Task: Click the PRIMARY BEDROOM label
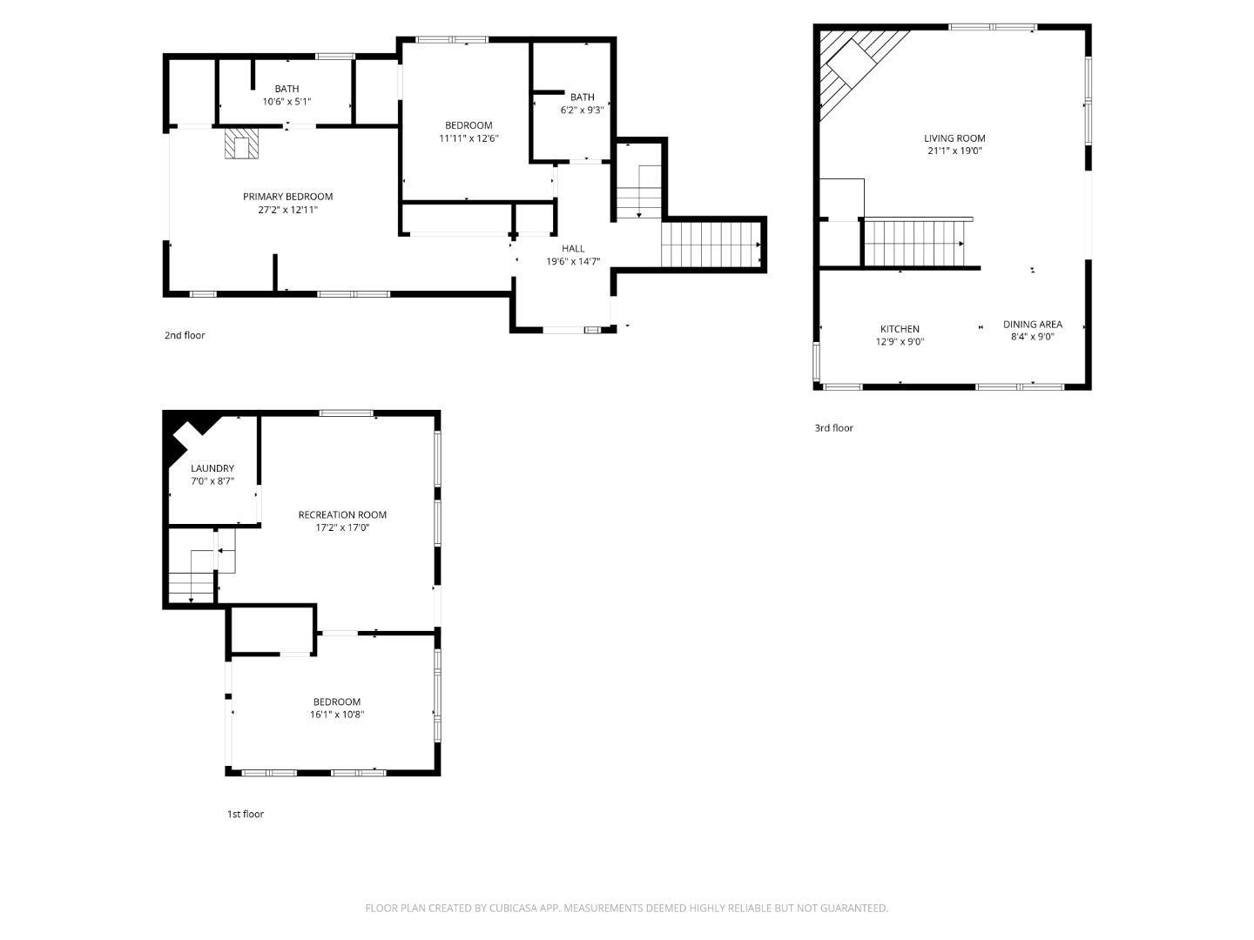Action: tap(287, 197)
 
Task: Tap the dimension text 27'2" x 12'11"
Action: tap(287, 210)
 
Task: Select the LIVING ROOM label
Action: tap(954, 138)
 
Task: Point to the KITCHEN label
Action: tap(900, 329)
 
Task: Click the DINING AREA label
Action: tap(1032, 325)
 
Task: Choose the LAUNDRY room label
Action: tap(212, 468)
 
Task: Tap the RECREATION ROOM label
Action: tap(342, 514)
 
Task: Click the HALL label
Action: tap(573, 249)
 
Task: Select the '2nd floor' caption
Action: tap(185, 335)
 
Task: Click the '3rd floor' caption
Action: tap(833, 428)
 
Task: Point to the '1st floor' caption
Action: tap(245, 815)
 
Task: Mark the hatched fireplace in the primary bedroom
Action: tap(241, 144)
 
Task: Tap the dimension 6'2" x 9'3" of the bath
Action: tap(582, 110)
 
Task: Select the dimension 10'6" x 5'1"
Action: tap(287, 101)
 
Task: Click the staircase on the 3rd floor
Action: tap(914, 243)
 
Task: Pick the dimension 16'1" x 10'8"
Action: tap(337, 715)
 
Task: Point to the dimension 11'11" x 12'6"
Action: tap(469, 138)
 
